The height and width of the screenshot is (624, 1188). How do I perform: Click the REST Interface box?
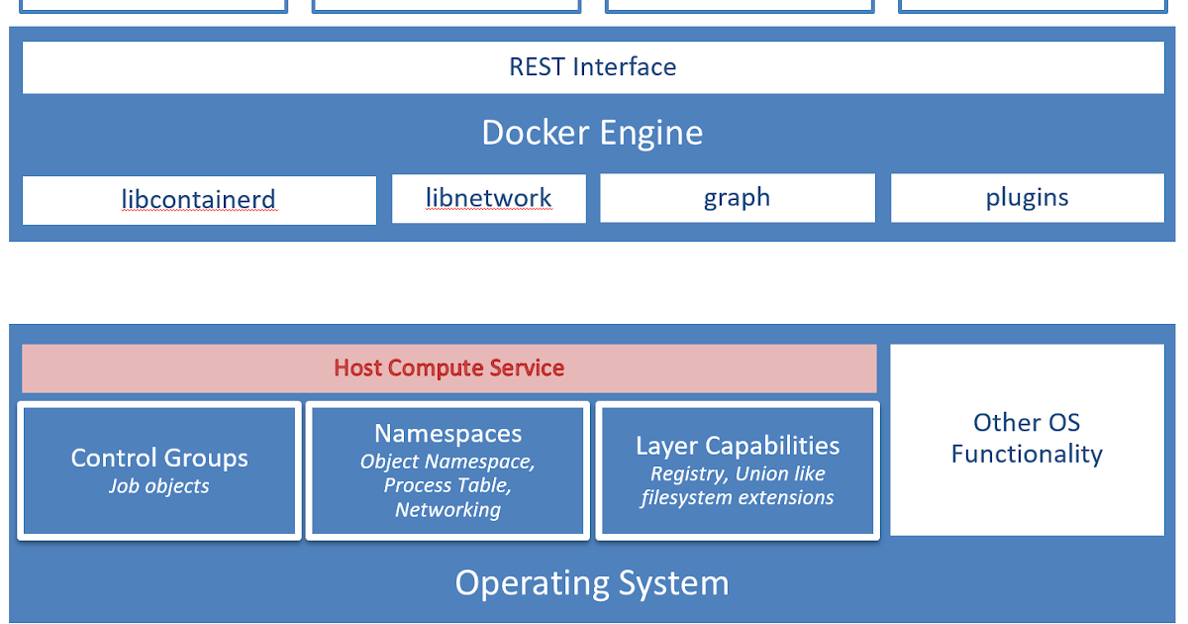592,67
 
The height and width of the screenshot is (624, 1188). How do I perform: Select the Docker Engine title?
592,133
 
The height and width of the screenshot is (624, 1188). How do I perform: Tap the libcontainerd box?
199,199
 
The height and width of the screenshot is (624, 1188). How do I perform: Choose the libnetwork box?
488,198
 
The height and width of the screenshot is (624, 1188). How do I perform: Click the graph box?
737,198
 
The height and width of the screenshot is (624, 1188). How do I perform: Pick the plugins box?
1027,198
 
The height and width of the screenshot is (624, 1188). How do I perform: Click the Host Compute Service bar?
448,368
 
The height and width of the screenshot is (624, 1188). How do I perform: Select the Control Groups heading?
159,458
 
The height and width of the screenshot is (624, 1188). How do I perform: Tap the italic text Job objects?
159,486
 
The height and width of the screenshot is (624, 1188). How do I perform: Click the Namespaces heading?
447,434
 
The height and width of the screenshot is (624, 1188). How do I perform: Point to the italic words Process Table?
446,485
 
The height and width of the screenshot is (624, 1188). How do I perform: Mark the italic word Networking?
447,510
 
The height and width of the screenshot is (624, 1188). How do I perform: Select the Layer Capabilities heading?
738,446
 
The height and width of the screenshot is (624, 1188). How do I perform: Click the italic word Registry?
688,474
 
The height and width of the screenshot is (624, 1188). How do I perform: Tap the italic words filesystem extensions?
738,498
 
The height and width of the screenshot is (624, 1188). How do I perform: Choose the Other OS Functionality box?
1027,439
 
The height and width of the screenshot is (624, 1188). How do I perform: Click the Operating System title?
592,583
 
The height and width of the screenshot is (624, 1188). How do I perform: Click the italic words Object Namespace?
447,462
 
